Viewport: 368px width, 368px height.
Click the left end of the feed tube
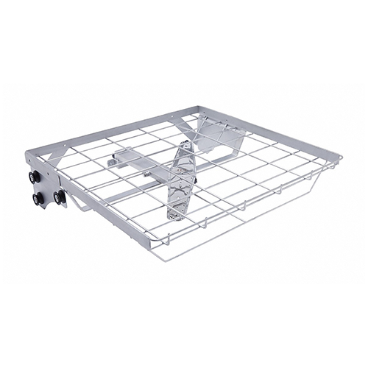[x=110, y=158]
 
